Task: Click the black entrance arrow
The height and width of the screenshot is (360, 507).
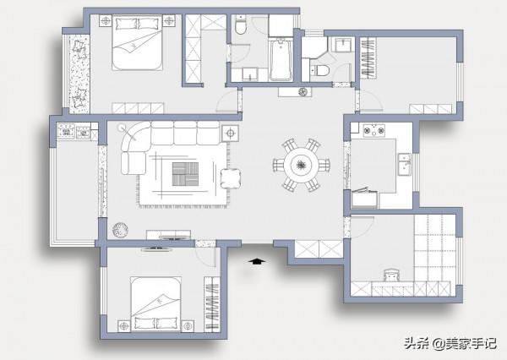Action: (257, 261)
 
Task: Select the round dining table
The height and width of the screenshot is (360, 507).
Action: (302, 165)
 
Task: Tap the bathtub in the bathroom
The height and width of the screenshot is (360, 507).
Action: (281, 59)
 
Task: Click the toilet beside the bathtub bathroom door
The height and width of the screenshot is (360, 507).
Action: (240, 26)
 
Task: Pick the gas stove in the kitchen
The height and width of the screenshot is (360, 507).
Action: (374, 130)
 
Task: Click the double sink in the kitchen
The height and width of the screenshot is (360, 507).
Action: (405, 164)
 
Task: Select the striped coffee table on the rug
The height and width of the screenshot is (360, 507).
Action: (185, 174)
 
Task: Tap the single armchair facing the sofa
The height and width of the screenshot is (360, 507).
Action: (230, 178)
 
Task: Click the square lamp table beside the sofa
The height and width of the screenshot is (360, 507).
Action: (230, 133)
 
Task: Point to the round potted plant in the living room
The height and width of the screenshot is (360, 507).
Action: (120, 230)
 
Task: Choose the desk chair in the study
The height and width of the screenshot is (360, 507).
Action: (392, 275)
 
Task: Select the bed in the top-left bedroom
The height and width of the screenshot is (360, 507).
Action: (137, 42)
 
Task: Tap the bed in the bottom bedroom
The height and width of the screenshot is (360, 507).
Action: (155, 304)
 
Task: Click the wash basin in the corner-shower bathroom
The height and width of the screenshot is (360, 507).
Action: (344, 45)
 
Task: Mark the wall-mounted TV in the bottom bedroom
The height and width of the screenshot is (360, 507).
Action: (156, 249)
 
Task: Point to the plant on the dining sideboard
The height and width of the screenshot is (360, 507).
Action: (303, 92)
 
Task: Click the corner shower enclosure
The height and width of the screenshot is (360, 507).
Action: (314, 48)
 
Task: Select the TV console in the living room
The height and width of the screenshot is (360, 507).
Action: (168, 234)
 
